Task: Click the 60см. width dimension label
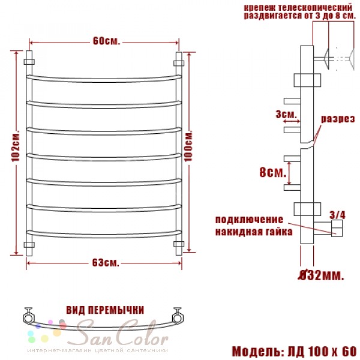point(106,41)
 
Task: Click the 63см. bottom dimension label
point(106,263)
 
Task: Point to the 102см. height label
point(16,147)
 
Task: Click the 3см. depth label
point(286,114)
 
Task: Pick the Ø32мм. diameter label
point(321,275)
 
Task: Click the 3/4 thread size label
point(337,215)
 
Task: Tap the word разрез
point(338,119)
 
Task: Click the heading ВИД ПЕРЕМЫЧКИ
point(105,310)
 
